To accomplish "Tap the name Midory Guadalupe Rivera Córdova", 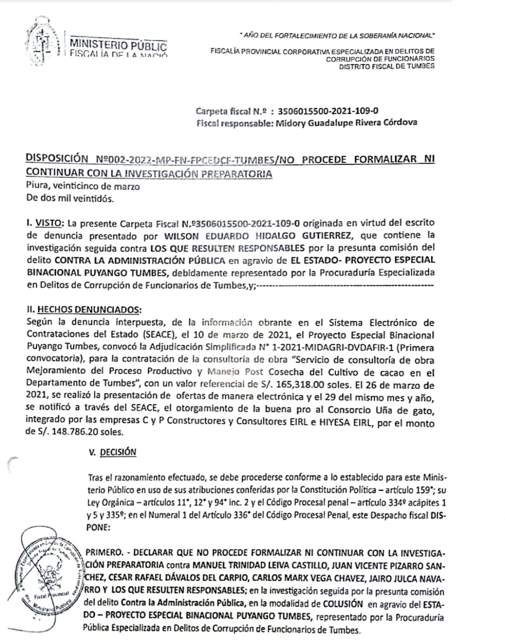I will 344,123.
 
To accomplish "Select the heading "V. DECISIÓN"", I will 115,452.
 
